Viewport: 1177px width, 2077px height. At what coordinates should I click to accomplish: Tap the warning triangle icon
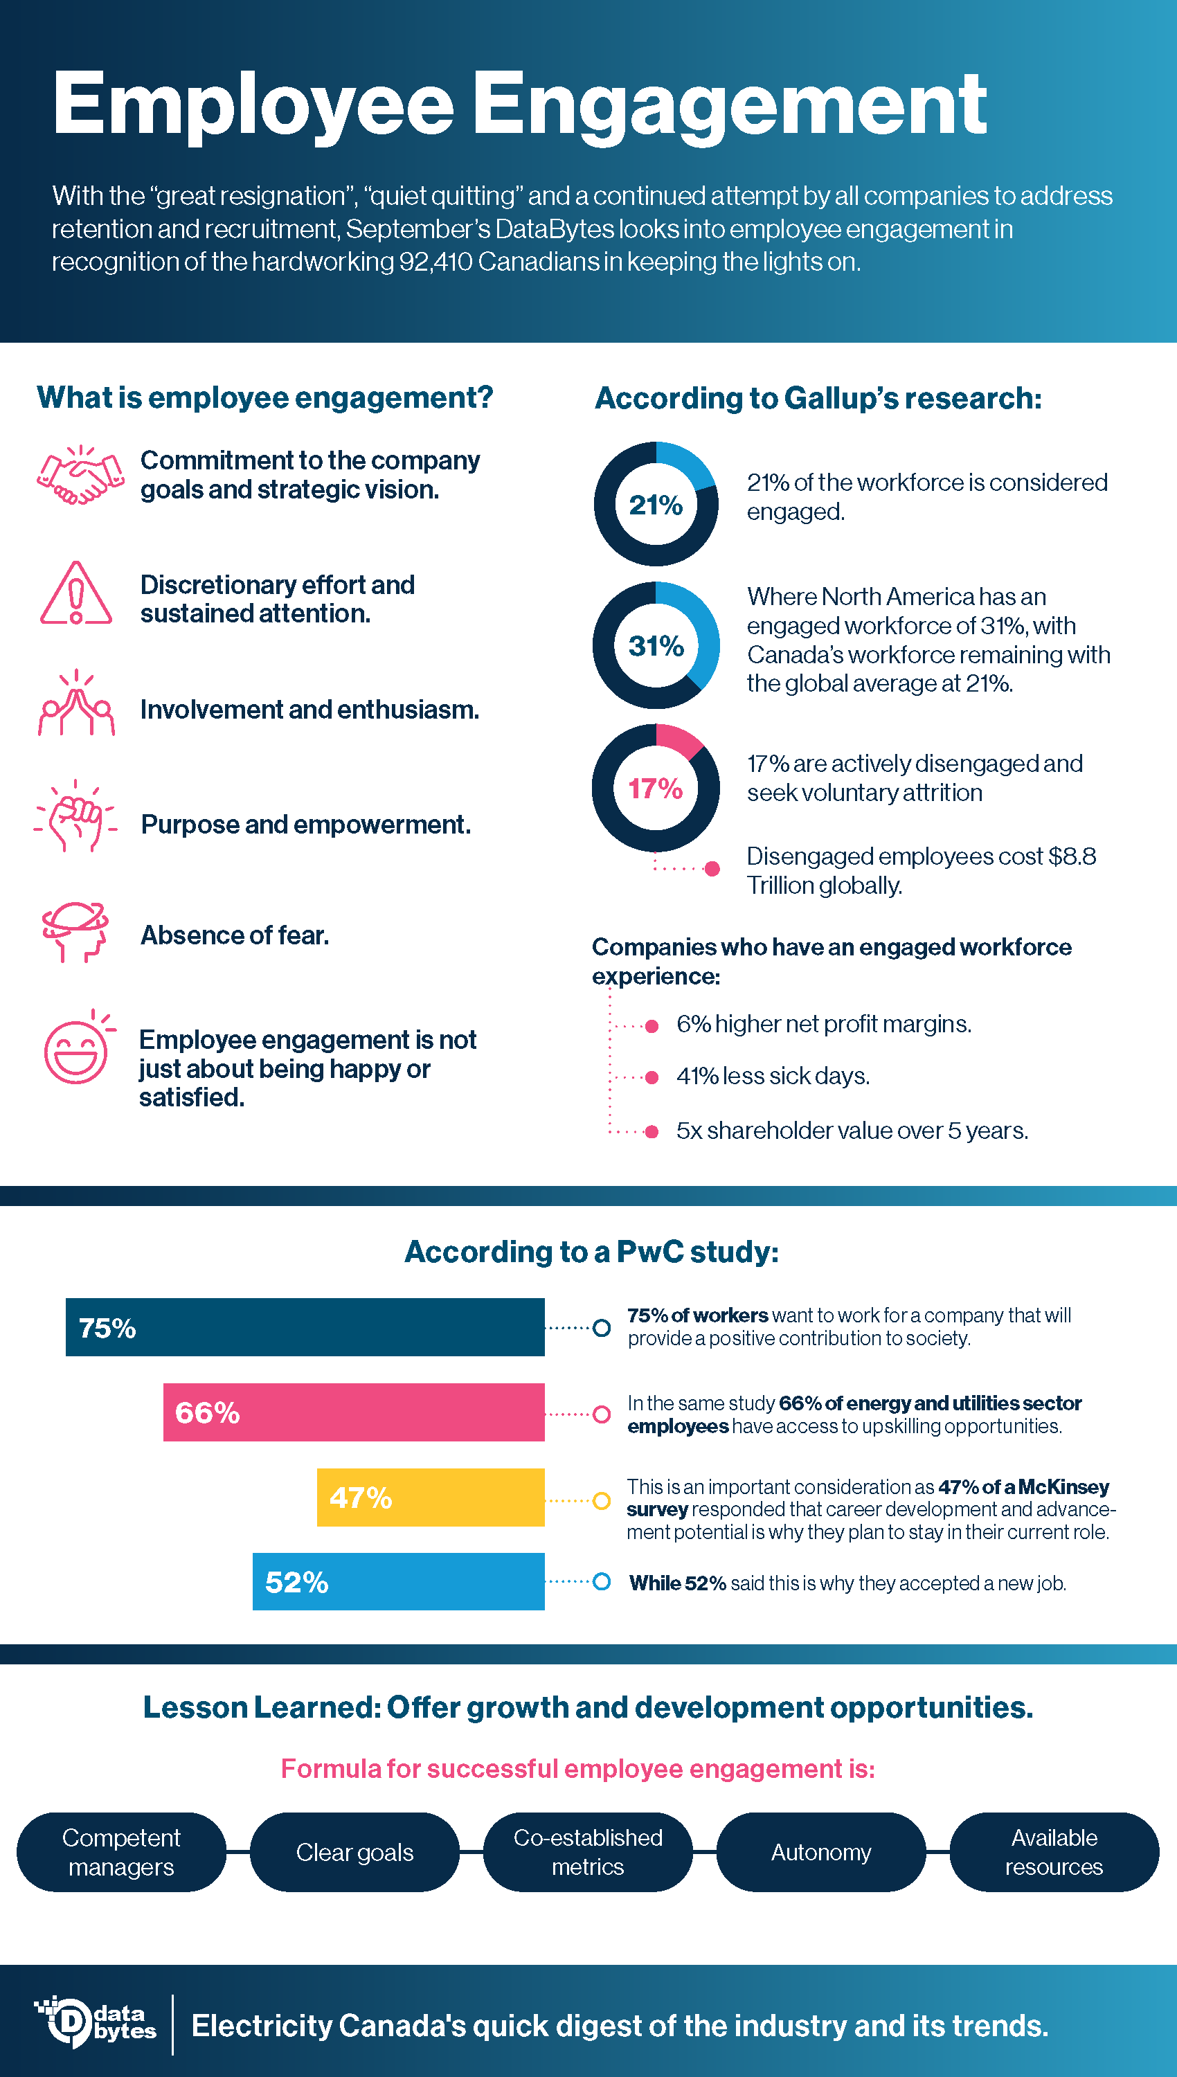point(76,595)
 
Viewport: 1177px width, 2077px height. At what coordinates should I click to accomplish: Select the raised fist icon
point(75,816)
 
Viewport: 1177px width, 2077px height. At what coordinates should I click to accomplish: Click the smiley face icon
point(76,1052)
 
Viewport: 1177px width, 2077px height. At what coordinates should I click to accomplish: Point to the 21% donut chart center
point(656,505)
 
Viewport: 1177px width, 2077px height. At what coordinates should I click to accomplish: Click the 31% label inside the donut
point(656,646)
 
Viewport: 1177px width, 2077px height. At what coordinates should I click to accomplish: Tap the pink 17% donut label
point(656,788)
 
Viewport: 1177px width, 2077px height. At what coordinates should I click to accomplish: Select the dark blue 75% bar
point(305,1327)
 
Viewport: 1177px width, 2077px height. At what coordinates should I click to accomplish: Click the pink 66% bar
point(353,1412)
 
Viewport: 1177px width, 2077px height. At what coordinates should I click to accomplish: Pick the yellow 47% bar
point(430,1497)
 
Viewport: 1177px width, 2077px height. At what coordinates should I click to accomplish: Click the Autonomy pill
point(820,1851)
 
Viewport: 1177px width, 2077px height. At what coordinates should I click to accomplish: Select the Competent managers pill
point(121,1851)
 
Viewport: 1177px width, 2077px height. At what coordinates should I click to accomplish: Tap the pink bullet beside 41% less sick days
point(652,1077)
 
